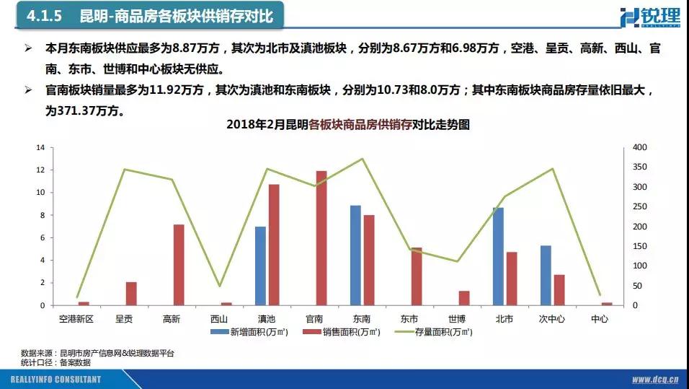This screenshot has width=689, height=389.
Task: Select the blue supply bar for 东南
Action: (x=355, y=255)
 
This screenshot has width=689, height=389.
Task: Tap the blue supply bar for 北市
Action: (x=498, y=256)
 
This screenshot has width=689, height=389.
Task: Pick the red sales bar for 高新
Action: (x=179, y=265)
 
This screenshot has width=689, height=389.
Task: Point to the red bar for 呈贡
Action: (x=131, y=294)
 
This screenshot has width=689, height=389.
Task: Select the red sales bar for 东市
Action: (x=417, y=276)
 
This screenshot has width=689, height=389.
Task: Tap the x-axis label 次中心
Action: (x=551, y=318)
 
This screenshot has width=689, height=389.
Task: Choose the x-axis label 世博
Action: (x=456, y=318)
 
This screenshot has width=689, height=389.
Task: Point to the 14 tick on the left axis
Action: (x=40, y=147)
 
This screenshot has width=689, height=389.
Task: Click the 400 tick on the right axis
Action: (x=640, y=147)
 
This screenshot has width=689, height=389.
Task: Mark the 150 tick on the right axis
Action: (x=640, y=246)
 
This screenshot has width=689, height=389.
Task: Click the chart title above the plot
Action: (x=347, y=125)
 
